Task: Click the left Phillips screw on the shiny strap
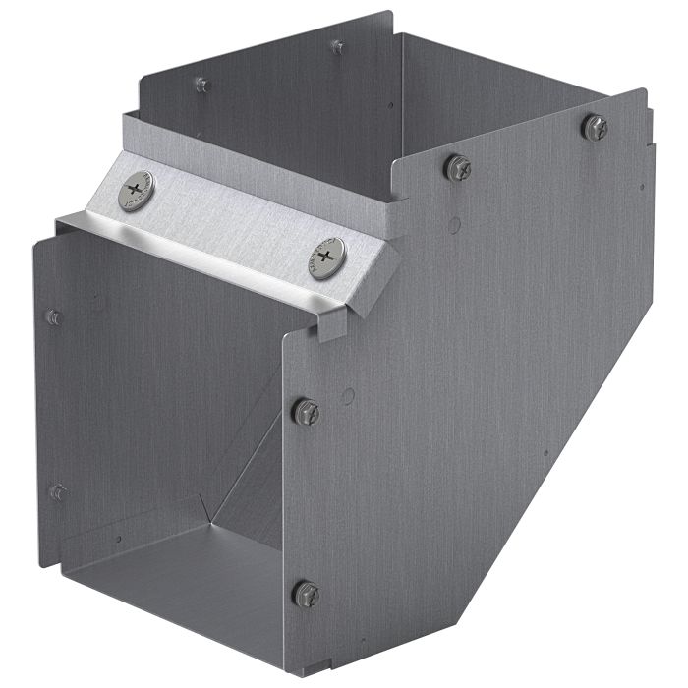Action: coord(136,190)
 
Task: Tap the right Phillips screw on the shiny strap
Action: coord(327,258)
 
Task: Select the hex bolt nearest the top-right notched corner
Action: coord(595,127)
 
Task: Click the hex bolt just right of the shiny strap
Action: coord(457,167)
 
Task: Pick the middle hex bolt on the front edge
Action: coord(306,411)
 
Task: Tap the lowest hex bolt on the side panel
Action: coord(307,593)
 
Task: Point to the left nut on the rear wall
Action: coord(202,85)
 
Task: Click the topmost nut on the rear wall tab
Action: coord(337,46)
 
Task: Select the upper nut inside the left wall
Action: coord(54,317)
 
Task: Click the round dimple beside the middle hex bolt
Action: coord(346,396)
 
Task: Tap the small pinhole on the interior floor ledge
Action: coord(119,539)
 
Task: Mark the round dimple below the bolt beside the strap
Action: coord(453,224)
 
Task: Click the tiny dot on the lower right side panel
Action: coord(546,453)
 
